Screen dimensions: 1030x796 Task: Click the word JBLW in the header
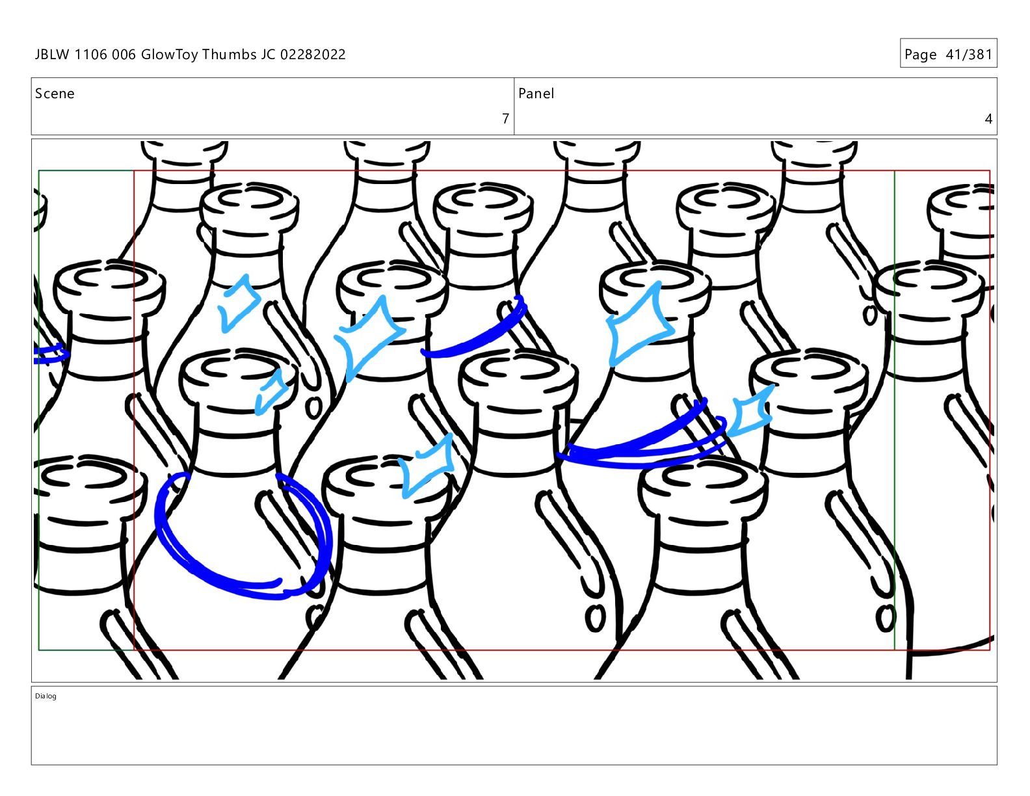point(52,55)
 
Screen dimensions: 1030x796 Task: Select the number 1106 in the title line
point(90,55)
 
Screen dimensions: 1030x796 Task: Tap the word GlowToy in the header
point(169,55)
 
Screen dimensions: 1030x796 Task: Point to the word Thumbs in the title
point(230,55)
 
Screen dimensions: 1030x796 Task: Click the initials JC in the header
point(268,55)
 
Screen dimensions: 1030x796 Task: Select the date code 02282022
point(313,55)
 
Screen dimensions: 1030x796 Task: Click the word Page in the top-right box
point(921,55)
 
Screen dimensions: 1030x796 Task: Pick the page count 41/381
point(969,55)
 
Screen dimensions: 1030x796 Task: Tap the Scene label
point(55,94)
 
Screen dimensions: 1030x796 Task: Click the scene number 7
point(505,118)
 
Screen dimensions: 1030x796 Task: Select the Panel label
point(536,94)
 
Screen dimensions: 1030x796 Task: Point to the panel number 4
point(988,118)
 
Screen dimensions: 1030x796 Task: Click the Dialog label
point(46,696)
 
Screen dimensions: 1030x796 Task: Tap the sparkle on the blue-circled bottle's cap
point(271,391)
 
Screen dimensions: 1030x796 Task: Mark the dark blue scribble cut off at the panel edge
point(50,354)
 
